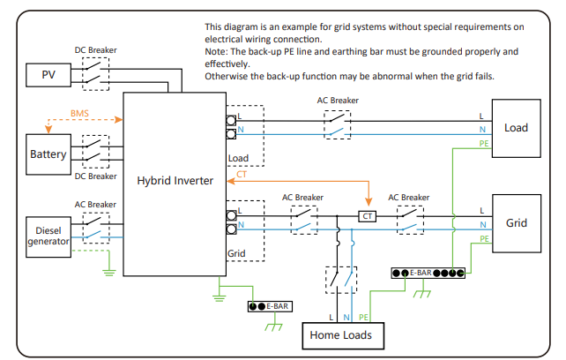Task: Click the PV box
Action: coord(48,75)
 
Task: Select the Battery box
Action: coord(48,154)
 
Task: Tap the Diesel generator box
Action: coord(48,236)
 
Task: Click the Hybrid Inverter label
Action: coord(175,180)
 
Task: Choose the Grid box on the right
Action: coord(516,223)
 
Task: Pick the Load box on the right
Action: coord(516,128)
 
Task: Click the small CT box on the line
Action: coord(368,215)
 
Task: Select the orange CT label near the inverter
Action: coord(242,174)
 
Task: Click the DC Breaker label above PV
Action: coord(95,50)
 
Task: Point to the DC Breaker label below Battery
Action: coord(95,176)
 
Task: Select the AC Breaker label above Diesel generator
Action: coord(95,204)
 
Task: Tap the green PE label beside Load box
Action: coord(484,143)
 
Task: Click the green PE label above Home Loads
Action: coord(364,316)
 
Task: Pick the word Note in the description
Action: coord(215,52)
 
